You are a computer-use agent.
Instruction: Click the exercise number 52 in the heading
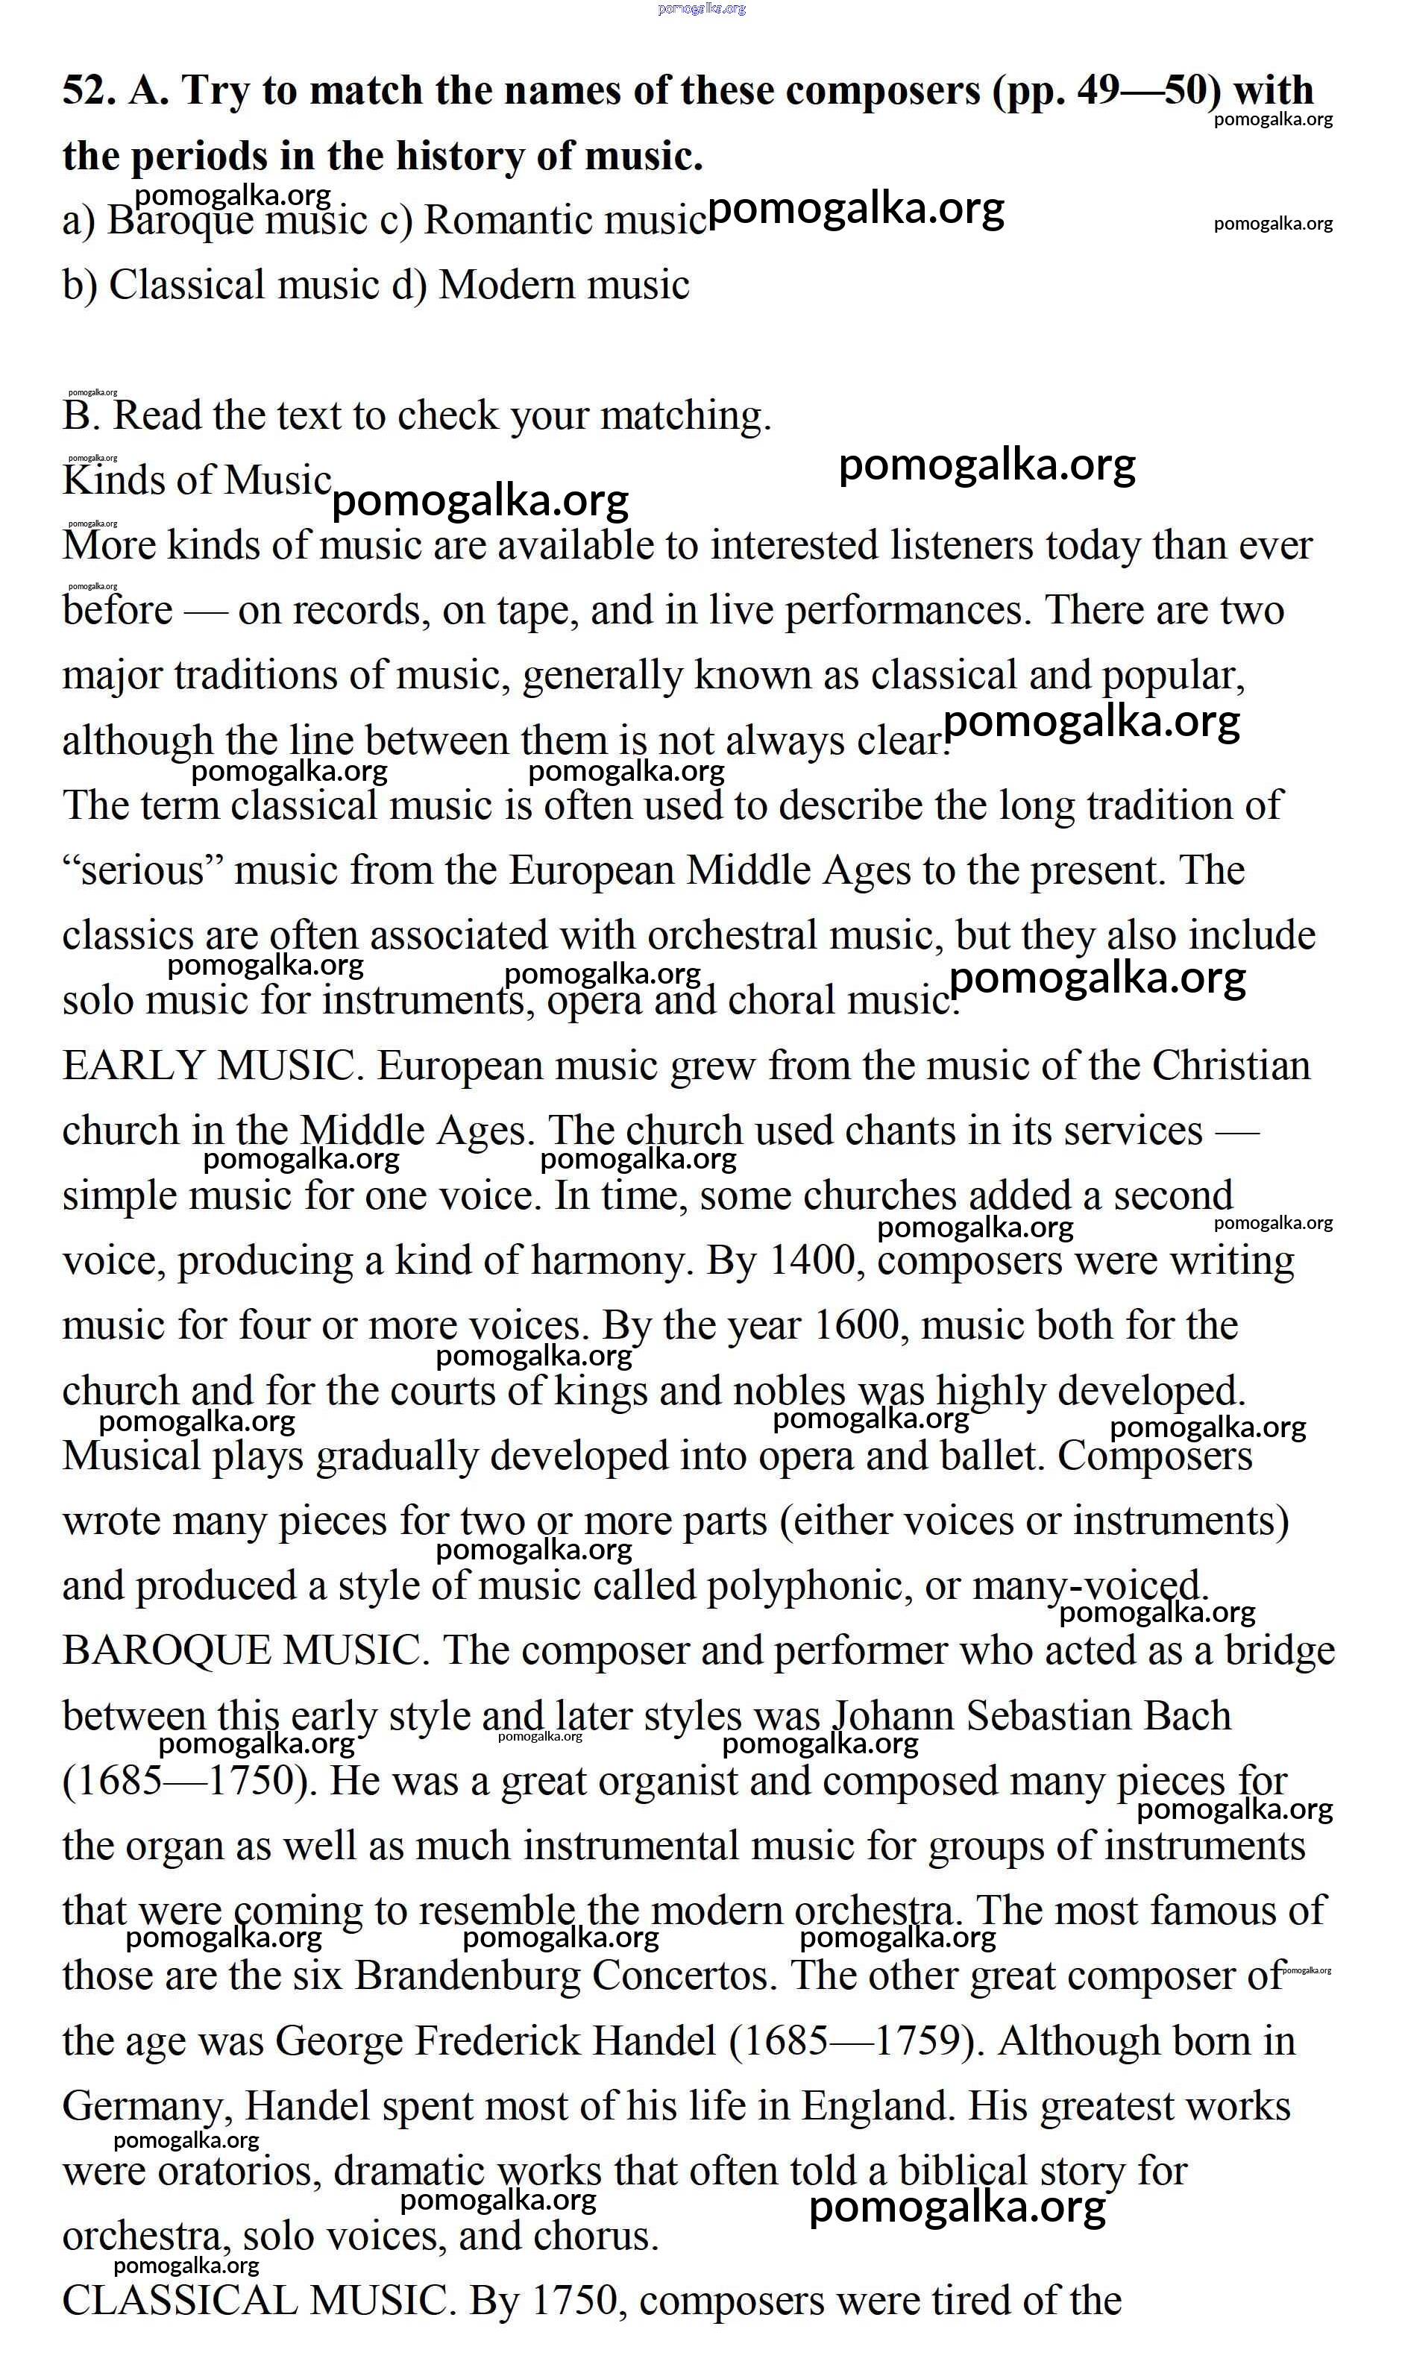[88, 92]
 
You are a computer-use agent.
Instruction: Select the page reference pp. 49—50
[1106, 92]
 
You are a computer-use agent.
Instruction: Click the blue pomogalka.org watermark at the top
[701, 8]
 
